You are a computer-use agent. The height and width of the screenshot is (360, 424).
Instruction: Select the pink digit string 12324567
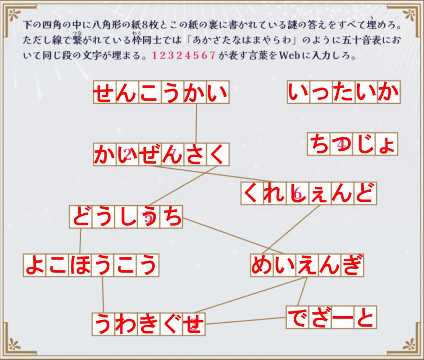(x=184, y=55)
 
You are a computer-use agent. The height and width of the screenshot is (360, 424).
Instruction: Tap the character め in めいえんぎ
(x=262, y=265)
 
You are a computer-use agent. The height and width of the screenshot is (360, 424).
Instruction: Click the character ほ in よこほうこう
(x=80, y=265)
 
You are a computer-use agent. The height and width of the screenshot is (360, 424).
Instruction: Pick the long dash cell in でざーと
(x=342, y=317)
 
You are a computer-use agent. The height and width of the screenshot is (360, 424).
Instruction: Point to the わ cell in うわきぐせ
(x=126, y=324)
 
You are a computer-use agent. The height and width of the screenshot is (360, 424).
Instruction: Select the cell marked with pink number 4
(x=341, y=144)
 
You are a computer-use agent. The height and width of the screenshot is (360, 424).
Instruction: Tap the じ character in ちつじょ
(x=364, y=144)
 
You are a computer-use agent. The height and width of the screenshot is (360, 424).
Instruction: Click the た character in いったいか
(x=344, y=92)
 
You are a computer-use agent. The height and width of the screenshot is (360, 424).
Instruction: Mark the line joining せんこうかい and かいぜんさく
(x=196, y=123)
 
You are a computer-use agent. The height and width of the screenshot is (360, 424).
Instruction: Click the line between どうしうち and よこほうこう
(x=80, y=241)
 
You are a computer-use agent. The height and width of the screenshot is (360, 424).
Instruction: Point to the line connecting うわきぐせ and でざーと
(x=246, y=321)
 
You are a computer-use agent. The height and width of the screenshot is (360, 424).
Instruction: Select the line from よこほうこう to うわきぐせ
(x=103, y=295)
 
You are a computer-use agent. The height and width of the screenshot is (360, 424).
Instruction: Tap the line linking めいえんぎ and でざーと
(x=302, y=292)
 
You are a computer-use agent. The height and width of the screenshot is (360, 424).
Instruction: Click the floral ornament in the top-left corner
(x=14, y=15)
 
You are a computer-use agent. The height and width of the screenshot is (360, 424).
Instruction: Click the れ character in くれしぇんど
(x=275, y=193)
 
